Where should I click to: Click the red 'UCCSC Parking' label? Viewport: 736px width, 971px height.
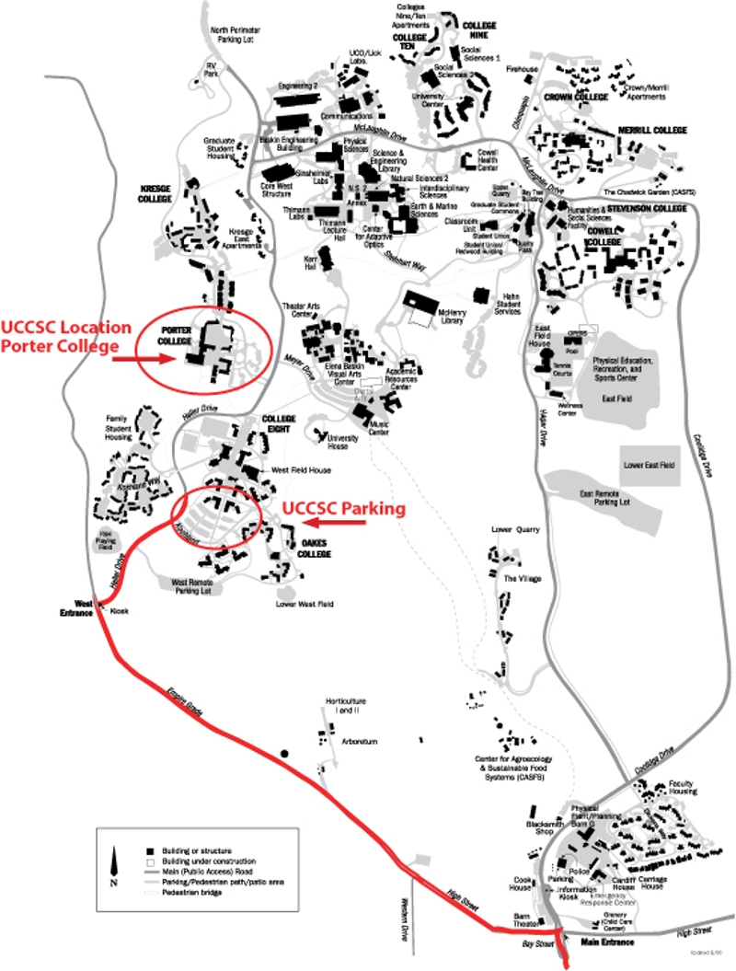(x=344, y=508)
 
